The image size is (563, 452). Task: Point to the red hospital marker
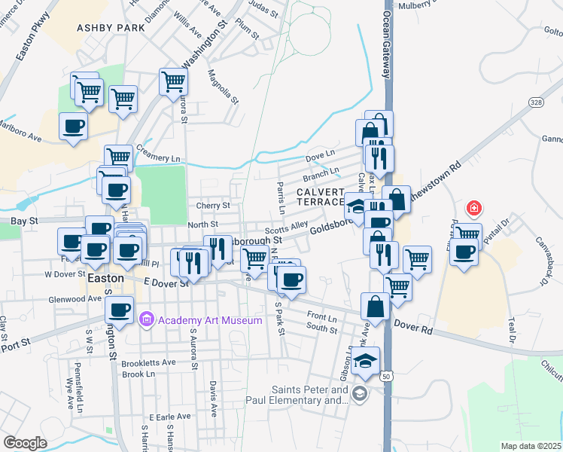click(473, 207)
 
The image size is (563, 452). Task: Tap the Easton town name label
click(105, 277)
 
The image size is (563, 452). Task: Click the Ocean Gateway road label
click(387, 45)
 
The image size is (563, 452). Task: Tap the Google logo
click(26, 442)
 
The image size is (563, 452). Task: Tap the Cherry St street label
click(213, 205)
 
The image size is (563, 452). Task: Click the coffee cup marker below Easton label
click(119, 308)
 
